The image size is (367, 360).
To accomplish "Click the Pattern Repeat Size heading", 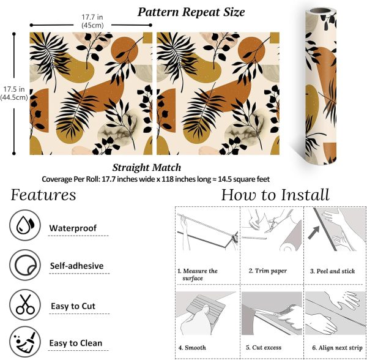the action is pyautogui.click(x=191, y=12).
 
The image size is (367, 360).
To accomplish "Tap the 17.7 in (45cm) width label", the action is pyautogui.click(x=92, y=21).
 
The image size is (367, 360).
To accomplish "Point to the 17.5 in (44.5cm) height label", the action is pyautogui.click(x=14, y=93).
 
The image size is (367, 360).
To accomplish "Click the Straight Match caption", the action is pyautogui.click(x=147, y=168).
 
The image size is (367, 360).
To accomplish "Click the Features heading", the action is pyautogui.click(x=43, y=195).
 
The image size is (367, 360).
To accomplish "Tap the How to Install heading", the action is pyautogui.click(x=275, y=195).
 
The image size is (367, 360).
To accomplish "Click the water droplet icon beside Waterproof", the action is pyautogui.click(x=25, y=225).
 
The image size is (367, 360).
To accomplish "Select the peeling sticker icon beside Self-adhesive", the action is pyautogui.click(x=25, y=265).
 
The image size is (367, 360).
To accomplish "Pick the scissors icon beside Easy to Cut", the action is pyautogui.click(x=25, y=304).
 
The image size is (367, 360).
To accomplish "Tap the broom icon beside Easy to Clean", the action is pyautogui.click(x=25, y=342).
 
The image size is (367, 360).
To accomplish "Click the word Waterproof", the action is pyautogui.click(x=73, y=228).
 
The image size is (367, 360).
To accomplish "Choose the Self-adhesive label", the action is pyautogui.click(x=77, y=266).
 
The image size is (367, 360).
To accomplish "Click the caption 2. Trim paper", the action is pyautogui.click(x=268, y=271).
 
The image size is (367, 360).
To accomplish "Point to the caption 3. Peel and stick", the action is pyautogui.click(x=333, y=271).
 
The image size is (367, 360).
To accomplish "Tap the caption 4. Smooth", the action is pyautogui.click(x=192, y=348).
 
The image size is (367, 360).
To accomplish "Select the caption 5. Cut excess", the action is pyautogui.click(x=264, y=348).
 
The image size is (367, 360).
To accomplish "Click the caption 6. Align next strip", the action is pyautogui.click(x=337, y=348).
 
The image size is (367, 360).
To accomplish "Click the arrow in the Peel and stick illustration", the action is pyautogui.click(x=314, y=233).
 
